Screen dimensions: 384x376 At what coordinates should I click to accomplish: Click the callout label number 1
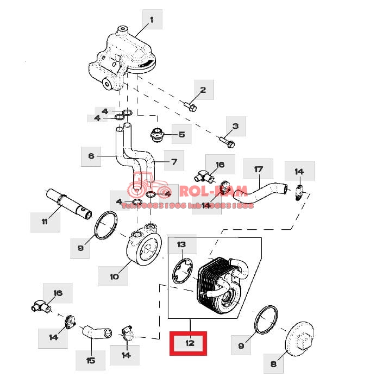[x=152, y=21]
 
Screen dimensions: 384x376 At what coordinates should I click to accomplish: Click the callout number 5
[x=181, y=134]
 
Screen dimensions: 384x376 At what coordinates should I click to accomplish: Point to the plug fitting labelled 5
[x=158, y=134]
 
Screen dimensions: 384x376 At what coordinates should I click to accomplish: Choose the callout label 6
[x=91, y=156]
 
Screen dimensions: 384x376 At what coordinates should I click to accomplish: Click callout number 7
[x=174, y=161]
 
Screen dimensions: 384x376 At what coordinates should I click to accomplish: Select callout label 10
[x=114, y=276]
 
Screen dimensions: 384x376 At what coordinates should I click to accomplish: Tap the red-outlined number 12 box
[x=189, y=343]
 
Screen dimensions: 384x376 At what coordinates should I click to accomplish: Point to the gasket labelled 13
[x=182, y=270]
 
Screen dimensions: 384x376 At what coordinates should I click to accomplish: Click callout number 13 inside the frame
[x=181, y=245]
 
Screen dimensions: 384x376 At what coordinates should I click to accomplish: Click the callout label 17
[x=258, y=169]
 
